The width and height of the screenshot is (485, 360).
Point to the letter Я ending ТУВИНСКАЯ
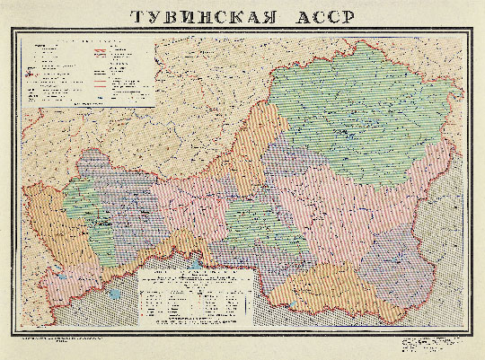pyautogui.click(x=284, y=17)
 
